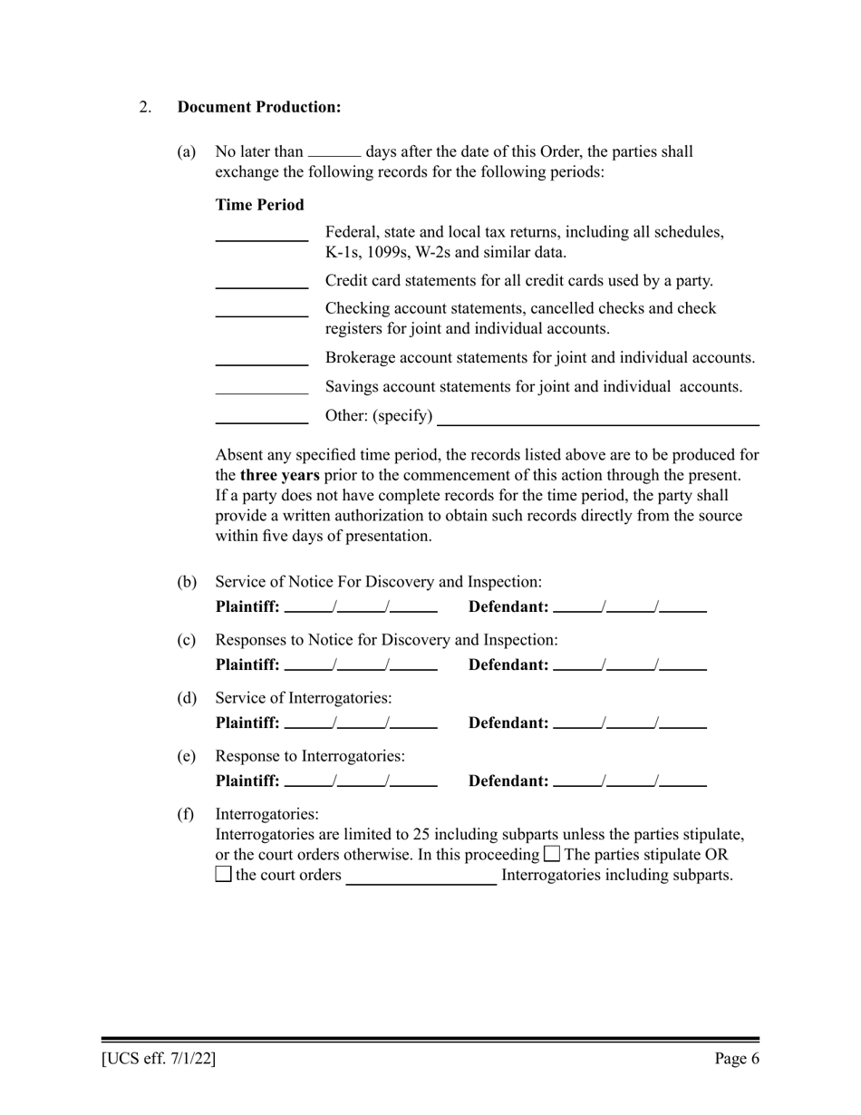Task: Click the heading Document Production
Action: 259,107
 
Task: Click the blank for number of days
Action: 334,154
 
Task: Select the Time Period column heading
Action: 259,205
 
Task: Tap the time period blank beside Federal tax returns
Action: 262,238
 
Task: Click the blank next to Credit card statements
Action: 262,285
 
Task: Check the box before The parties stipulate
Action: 552,855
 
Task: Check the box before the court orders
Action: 224,876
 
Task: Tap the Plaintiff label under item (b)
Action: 247,607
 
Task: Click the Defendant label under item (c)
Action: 508,665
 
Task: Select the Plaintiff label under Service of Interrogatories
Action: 247,723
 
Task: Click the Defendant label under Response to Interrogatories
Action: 508,781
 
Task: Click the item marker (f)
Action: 186,814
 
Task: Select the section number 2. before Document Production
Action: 145,107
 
